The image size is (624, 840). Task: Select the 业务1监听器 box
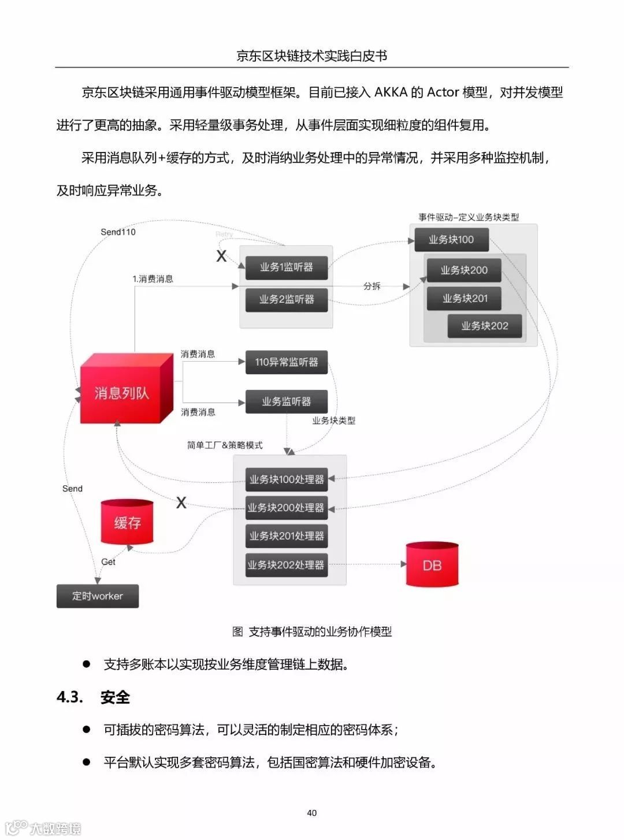click(x=287, y=267)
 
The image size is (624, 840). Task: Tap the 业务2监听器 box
click(x=287, y=299)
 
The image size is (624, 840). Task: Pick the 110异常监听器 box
click(x=287, y=362)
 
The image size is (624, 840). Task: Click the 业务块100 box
click(x=451, y=240)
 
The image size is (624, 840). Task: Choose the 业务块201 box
click(x=465, y=298)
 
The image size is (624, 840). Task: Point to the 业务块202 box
click(x=485, y=326)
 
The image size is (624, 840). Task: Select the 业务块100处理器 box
click(x=287, y=480)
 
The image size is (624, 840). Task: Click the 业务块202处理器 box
click(x=287, y=564)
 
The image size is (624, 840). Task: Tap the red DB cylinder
click(x=432, y=565)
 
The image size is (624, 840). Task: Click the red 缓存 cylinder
click(x=127, y=522)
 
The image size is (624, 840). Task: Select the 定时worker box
click(x=98, y=596)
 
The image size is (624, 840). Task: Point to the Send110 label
click(x=118, y=232)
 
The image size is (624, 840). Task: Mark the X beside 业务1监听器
click(x=221, y=256)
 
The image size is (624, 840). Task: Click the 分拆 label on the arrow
click(x=372, y=286)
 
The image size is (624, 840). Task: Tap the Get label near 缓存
click(x=108, y=562)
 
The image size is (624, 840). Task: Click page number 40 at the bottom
click(x=312, y=813)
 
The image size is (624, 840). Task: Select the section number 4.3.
click(x=70, y=697)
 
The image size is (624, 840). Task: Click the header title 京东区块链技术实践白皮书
click(x=312, y=55)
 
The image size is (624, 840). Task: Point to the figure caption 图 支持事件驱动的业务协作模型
click(x=312, y=631)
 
